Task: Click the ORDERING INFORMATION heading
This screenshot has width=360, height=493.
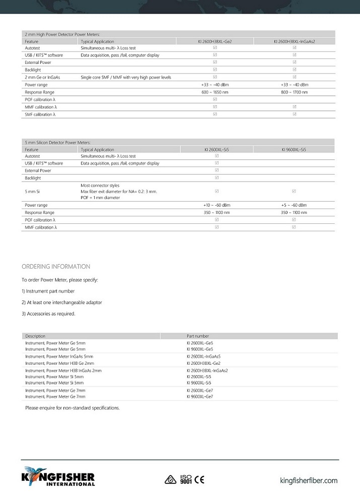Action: pos(56,267)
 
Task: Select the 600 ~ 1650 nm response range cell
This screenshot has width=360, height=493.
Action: pos(215,93)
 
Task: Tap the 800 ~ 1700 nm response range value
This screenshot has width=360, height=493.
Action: pos(295,93)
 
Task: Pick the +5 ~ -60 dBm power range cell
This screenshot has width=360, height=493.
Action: pos(294,205)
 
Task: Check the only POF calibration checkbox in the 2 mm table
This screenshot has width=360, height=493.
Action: pos(215,100)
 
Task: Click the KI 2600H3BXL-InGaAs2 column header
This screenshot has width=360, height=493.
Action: pos(295,41)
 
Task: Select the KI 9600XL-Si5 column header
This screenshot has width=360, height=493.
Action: pos(294,149)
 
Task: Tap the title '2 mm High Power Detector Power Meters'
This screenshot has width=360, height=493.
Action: pos(65,34)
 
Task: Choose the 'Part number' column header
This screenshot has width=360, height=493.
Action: pos(198,336)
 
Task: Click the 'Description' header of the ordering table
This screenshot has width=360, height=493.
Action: pos(35,336)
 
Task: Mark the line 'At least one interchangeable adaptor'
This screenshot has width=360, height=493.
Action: pos(62,302)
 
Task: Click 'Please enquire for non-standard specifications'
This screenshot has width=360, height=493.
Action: pos(73,408)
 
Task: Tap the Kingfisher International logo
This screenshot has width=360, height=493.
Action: pos(58,476)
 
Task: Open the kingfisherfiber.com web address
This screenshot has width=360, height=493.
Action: pos(309,481)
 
